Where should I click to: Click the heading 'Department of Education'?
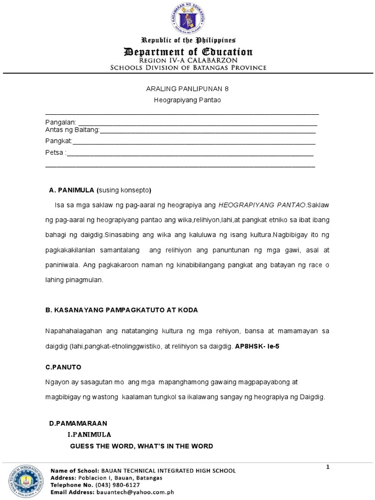pos(188,52)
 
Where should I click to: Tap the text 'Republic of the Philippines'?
pos(188,40)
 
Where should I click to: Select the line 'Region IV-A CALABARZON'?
pos(188,60)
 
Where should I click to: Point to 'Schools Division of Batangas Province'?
pos(188,67)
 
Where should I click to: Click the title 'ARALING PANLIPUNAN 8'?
pos(188,89)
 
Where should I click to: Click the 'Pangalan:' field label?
pos(61,122)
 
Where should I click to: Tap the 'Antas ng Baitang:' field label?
pos(72,129)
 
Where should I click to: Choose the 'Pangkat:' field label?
pos(59,141)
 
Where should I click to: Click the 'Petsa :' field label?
pos(55,153)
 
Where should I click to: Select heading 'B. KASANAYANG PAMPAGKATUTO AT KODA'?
pos(121,311)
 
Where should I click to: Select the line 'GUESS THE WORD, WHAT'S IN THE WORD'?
pos(142,446)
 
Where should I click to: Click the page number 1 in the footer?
pos(328,467)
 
